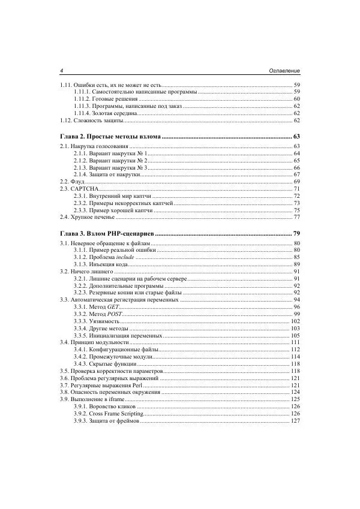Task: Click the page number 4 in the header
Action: [62, 71]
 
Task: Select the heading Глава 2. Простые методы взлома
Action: [110, 137]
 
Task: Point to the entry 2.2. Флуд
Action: [72, 181]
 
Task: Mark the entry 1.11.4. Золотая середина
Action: [104, 113]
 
